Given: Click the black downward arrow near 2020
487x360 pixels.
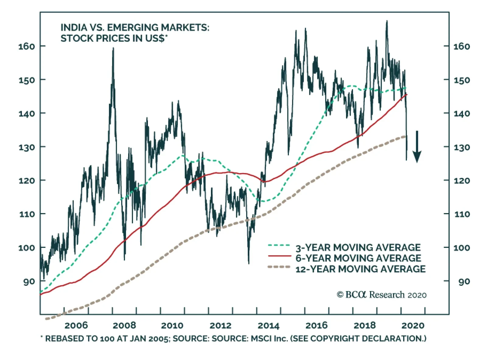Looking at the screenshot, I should tap(417, 147).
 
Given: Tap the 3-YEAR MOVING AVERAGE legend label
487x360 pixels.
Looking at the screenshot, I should tap(358, 247).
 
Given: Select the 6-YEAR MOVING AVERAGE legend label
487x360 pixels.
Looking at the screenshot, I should tap(358, 258).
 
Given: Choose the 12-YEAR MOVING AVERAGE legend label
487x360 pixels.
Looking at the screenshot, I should tap(360, 269).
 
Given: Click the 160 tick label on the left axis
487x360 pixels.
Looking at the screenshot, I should tap(27, 46).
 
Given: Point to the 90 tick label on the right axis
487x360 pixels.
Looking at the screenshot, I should tap(464, 281).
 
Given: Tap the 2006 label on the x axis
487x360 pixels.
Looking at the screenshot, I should tap(76, 325).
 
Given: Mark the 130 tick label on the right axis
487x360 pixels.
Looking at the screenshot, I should tap(461, 147).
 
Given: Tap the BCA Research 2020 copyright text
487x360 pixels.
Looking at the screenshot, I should tap(382, 295).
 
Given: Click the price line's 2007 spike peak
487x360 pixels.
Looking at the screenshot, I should tap(113, 48).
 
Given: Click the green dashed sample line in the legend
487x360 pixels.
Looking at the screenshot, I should tap(279, 245).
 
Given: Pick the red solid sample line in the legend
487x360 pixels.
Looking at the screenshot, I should tap(279, 256).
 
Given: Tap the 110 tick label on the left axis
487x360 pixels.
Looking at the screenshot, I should tap(27, 214).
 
